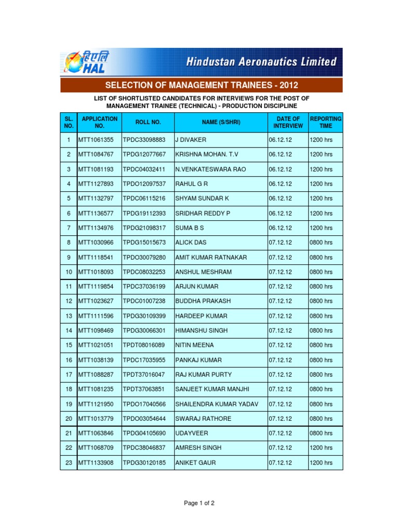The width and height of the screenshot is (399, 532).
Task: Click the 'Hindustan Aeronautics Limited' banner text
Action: [262, 62]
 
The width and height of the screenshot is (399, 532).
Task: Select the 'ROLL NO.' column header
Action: [148, 123]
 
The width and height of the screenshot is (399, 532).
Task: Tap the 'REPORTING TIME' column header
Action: [325, 123]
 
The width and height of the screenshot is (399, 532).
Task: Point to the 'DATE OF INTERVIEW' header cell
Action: [288, 123]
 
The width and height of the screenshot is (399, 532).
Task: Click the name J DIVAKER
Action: [191, 140]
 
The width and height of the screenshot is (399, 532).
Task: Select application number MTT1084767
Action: [96, 155]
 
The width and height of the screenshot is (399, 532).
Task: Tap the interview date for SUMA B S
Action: [281, 228]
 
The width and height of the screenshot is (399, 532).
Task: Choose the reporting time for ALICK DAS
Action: [321, 243]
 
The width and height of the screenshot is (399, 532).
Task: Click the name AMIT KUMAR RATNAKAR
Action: [211, 257]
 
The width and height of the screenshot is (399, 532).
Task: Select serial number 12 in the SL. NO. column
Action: [68, 301]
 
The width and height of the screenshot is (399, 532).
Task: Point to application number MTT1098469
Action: [96, 330]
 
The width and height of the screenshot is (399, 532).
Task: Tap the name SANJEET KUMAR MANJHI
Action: [212, 389]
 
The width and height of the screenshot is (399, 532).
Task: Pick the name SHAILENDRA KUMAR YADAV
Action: [217, 404]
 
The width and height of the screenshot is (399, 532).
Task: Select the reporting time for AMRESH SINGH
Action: [321, 448]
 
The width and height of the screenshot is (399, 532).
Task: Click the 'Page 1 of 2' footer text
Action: [199, 503]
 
